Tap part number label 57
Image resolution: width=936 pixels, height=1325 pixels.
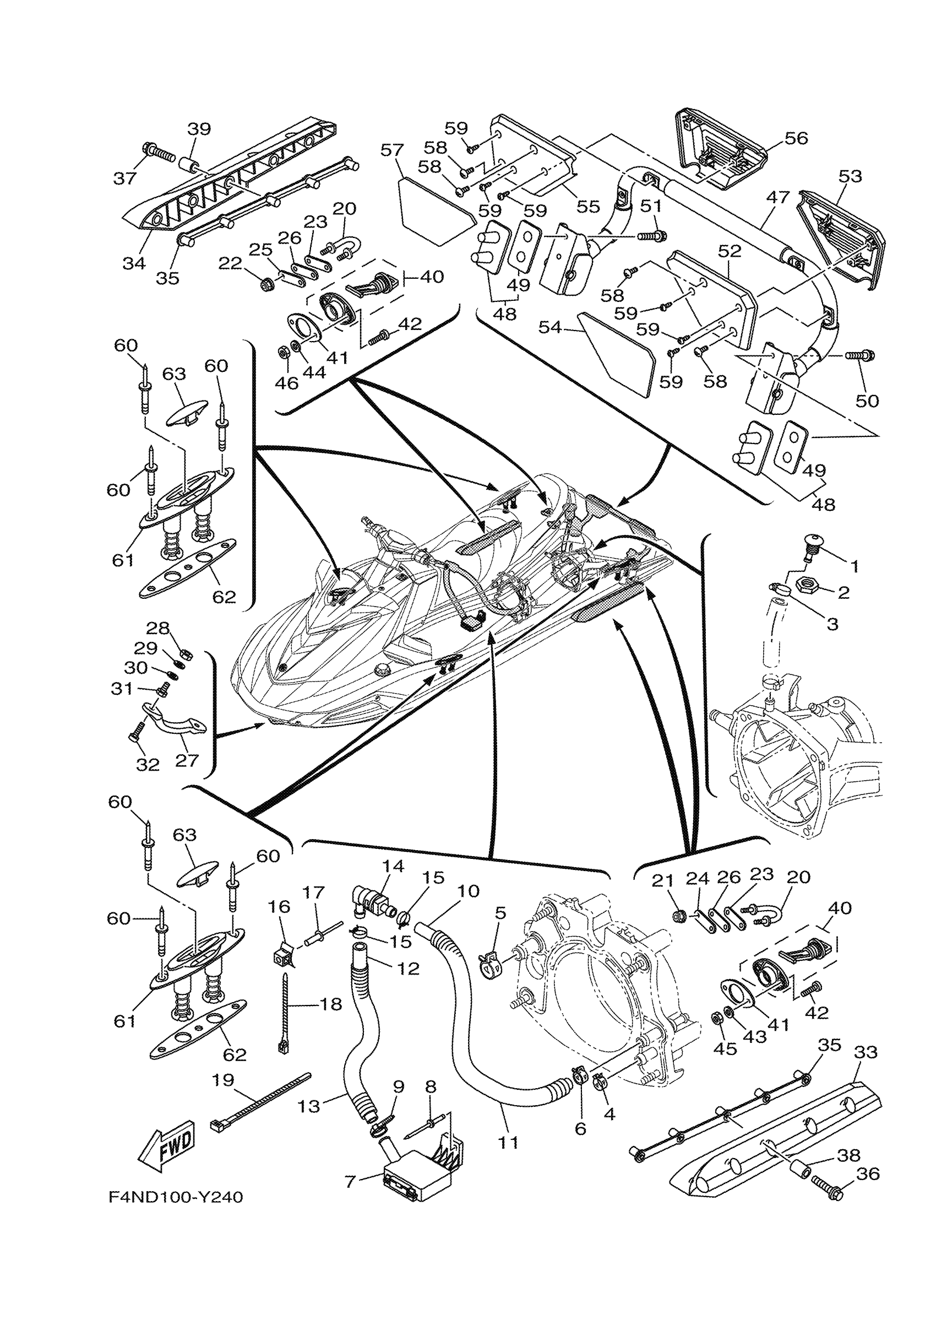392,150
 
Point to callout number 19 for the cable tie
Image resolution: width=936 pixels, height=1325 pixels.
222,1079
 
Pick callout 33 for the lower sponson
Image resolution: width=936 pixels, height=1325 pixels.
865,1052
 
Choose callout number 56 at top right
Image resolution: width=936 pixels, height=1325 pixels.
796,138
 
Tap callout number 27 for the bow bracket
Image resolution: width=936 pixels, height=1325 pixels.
186,760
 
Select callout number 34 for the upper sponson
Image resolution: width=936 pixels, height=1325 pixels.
134,263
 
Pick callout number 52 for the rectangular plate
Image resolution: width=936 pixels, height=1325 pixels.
729,251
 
